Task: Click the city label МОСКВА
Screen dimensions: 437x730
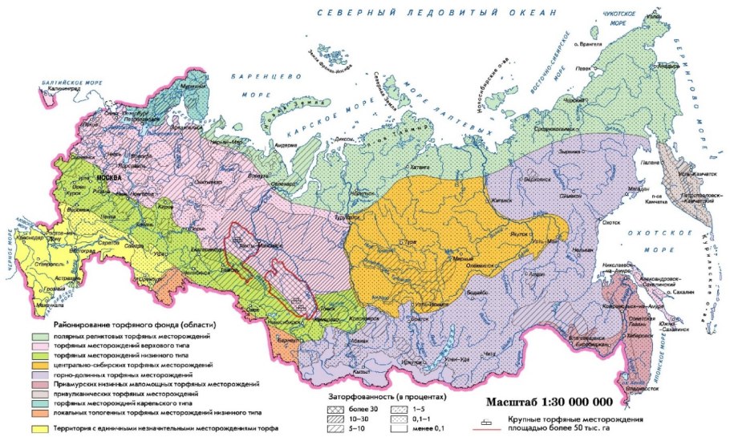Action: click(x=107, y=176)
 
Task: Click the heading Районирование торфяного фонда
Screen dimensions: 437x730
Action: click(x=135, y=325)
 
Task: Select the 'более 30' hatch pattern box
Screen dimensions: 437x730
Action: click(x=335, y=408)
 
